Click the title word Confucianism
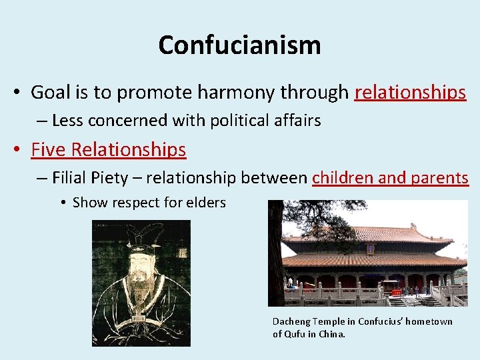[x=239, y=45]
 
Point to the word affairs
[x=295, y=121]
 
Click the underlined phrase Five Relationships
[x=108, y=149]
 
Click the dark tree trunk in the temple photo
[x=275, y=267]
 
